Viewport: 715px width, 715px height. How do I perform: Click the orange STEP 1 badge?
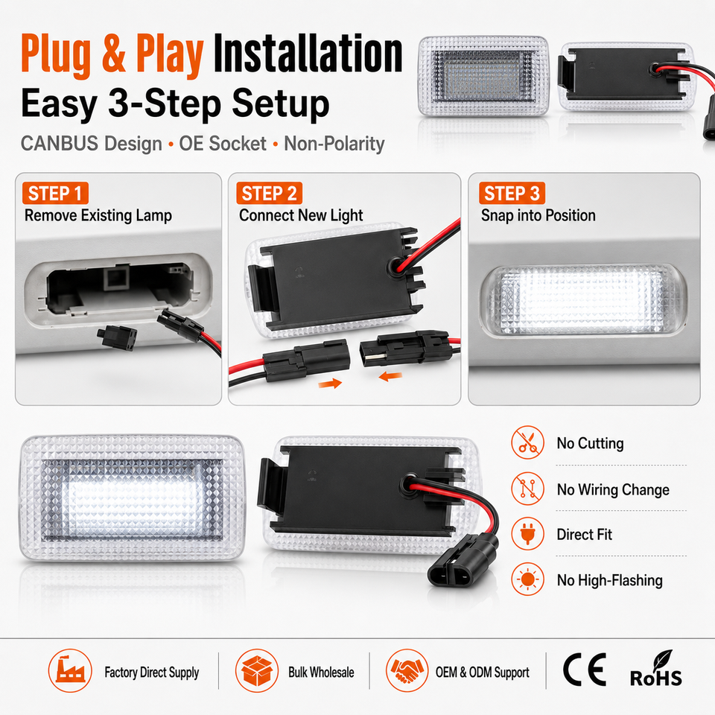point(55,194)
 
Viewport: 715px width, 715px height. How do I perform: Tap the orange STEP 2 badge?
point(269,194)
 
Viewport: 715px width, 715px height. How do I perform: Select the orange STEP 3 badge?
point(512,194)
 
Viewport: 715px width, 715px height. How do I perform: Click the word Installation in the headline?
point(308,54)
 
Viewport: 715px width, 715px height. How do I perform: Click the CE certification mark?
point(584,670)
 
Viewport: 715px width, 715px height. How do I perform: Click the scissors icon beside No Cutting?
point(527,442)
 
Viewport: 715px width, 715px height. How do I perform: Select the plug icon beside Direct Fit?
point(527,534)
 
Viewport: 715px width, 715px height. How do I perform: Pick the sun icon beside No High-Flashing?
point(527,579)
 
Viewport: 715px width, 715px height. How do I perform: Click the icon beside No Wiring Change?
point(527,489)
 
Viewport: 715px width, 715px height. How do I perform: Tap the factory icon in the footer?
point(70,671)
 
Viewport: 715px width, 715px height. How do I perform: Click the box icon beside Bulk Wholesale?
point(257,671)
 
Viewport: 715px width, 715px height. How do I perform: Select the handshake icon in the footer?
point(407,671)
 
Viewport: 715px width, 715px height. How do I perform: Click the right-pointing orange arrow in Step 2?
point(330,384)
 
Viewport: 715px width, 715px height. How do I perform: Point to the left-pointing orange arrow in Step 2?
point(390,377)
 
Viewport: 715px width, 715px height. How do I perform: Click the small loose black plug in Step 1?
point(117,337)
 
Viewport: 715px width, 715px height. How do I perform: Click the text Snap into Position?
point(538,215)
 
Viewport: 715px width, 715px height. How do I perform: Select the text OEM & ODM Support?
point(483,672)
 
